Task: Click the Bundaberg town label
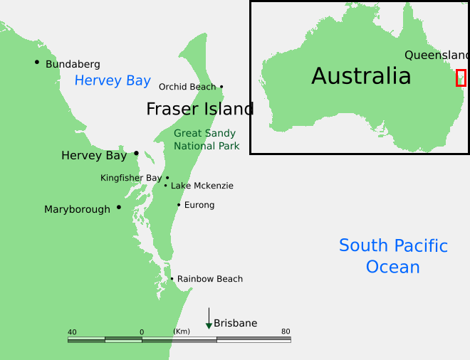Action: [x=73, y=64]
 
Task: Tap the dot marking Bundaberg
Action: [x=37, y=62]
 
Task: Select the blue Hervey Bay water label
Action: [x=113, y=80]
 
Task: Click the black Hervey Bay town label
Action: [x=94, y=155]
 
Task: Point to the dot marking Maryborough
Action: [x=119, y=207]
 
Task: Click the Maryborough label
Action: [x=77, y=209]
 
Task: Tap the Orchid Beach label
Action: [x=187, y=87]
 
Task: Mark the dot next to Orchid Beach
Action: [x=221, y=87]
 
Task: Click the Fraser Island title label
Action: [x=200, y=109]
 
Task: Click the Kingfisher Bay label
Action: [x=131, y=178]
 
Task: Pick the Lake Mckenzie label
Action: [x=202, y=186]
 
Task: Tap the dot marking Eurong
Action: [x=179, y=205]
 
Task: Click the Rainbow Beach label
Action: [x=210, y=279]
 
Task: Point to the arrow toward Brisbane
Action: [x=209, y=318]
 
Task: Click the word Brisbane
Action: [x=236, y=323]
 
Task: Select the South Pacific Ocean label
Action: [x=393, y=256]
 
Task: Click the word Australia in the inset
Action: [x=361, y=76]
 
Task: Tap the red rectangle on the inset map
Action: [x=461, y=78]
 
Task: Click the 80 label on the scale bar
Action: [x=286, y=332]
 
